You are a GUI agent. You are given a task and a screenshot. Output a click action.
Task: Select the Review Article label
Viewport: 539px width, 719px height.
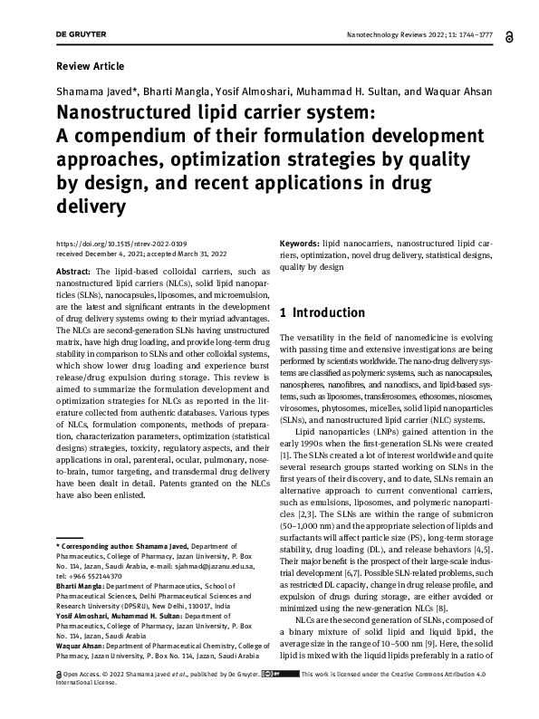[90, 66]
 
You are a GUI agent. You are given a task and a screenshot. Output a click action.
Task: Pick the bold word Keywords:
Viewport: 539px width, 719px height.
[299, 244]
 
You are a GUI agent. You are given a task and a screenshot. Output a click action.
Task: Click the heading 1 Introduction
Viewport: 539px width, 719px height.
[322, 313]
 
